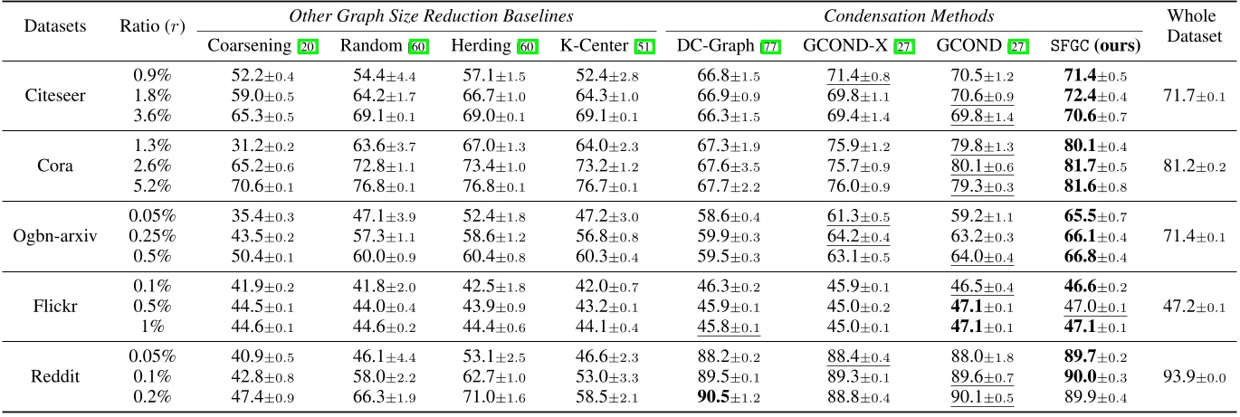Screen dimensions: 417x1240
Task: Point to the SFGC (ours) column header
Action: (x=1094, y=45)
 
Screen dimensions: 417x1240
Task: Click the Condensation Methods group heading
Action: (x=910, y=15)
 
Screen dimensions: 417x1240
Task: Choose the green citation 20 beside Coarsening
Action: (x=309, y=46)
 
